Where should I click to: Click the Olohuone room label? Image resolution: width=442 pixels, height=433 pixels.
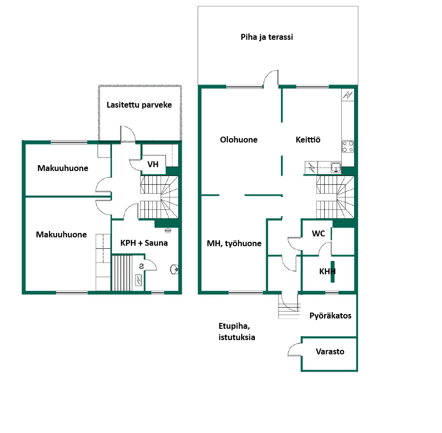pos(239,140)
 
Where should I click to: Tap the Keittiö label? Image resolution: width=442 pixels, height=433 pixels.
pos(308,140)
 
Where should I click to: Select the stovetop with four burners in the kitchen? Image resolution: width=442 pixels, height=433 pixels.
pos(348,146)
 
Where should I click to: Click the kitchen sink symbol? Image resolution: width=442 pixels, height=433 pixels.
pos(336,168)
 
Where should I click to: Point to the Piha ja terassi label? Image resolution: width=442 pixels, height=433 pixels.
pos(267,37)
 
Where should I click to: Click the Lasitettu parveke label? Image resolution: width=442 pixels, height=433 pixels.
pos(139,105)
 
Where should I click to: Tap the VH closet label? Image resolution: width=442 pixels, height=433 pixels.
pos(153,164)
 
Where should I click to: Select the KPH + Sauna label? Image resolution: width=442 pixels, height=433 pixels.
pos(144,243)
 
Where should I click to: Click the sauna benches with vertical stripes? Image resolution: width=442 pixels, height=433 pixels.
pos(122,272)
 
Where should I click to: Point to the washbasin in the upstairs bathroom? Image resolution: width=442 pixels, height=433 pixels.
pos(174,269)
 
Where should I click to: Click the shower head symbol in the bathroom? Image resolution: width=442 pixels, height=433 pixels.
pos(168,231)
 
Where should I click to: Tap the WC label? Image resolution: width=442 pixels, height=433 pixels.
pos(319,233)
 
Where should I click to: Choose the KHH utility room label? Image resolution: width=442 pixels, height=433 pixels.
pos(327,271)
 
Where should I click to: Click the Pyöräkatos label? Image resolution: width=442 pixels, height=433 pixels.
pos(331,316)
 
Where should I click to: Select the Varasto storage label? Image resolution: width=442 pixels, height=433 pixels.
pos(330,351)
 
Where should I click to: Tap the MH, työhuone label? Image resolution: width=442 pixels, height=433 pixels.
pos(234,243)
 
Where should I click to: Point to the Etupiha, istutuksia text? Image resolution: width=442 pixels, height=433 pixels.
pos(237,332)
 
